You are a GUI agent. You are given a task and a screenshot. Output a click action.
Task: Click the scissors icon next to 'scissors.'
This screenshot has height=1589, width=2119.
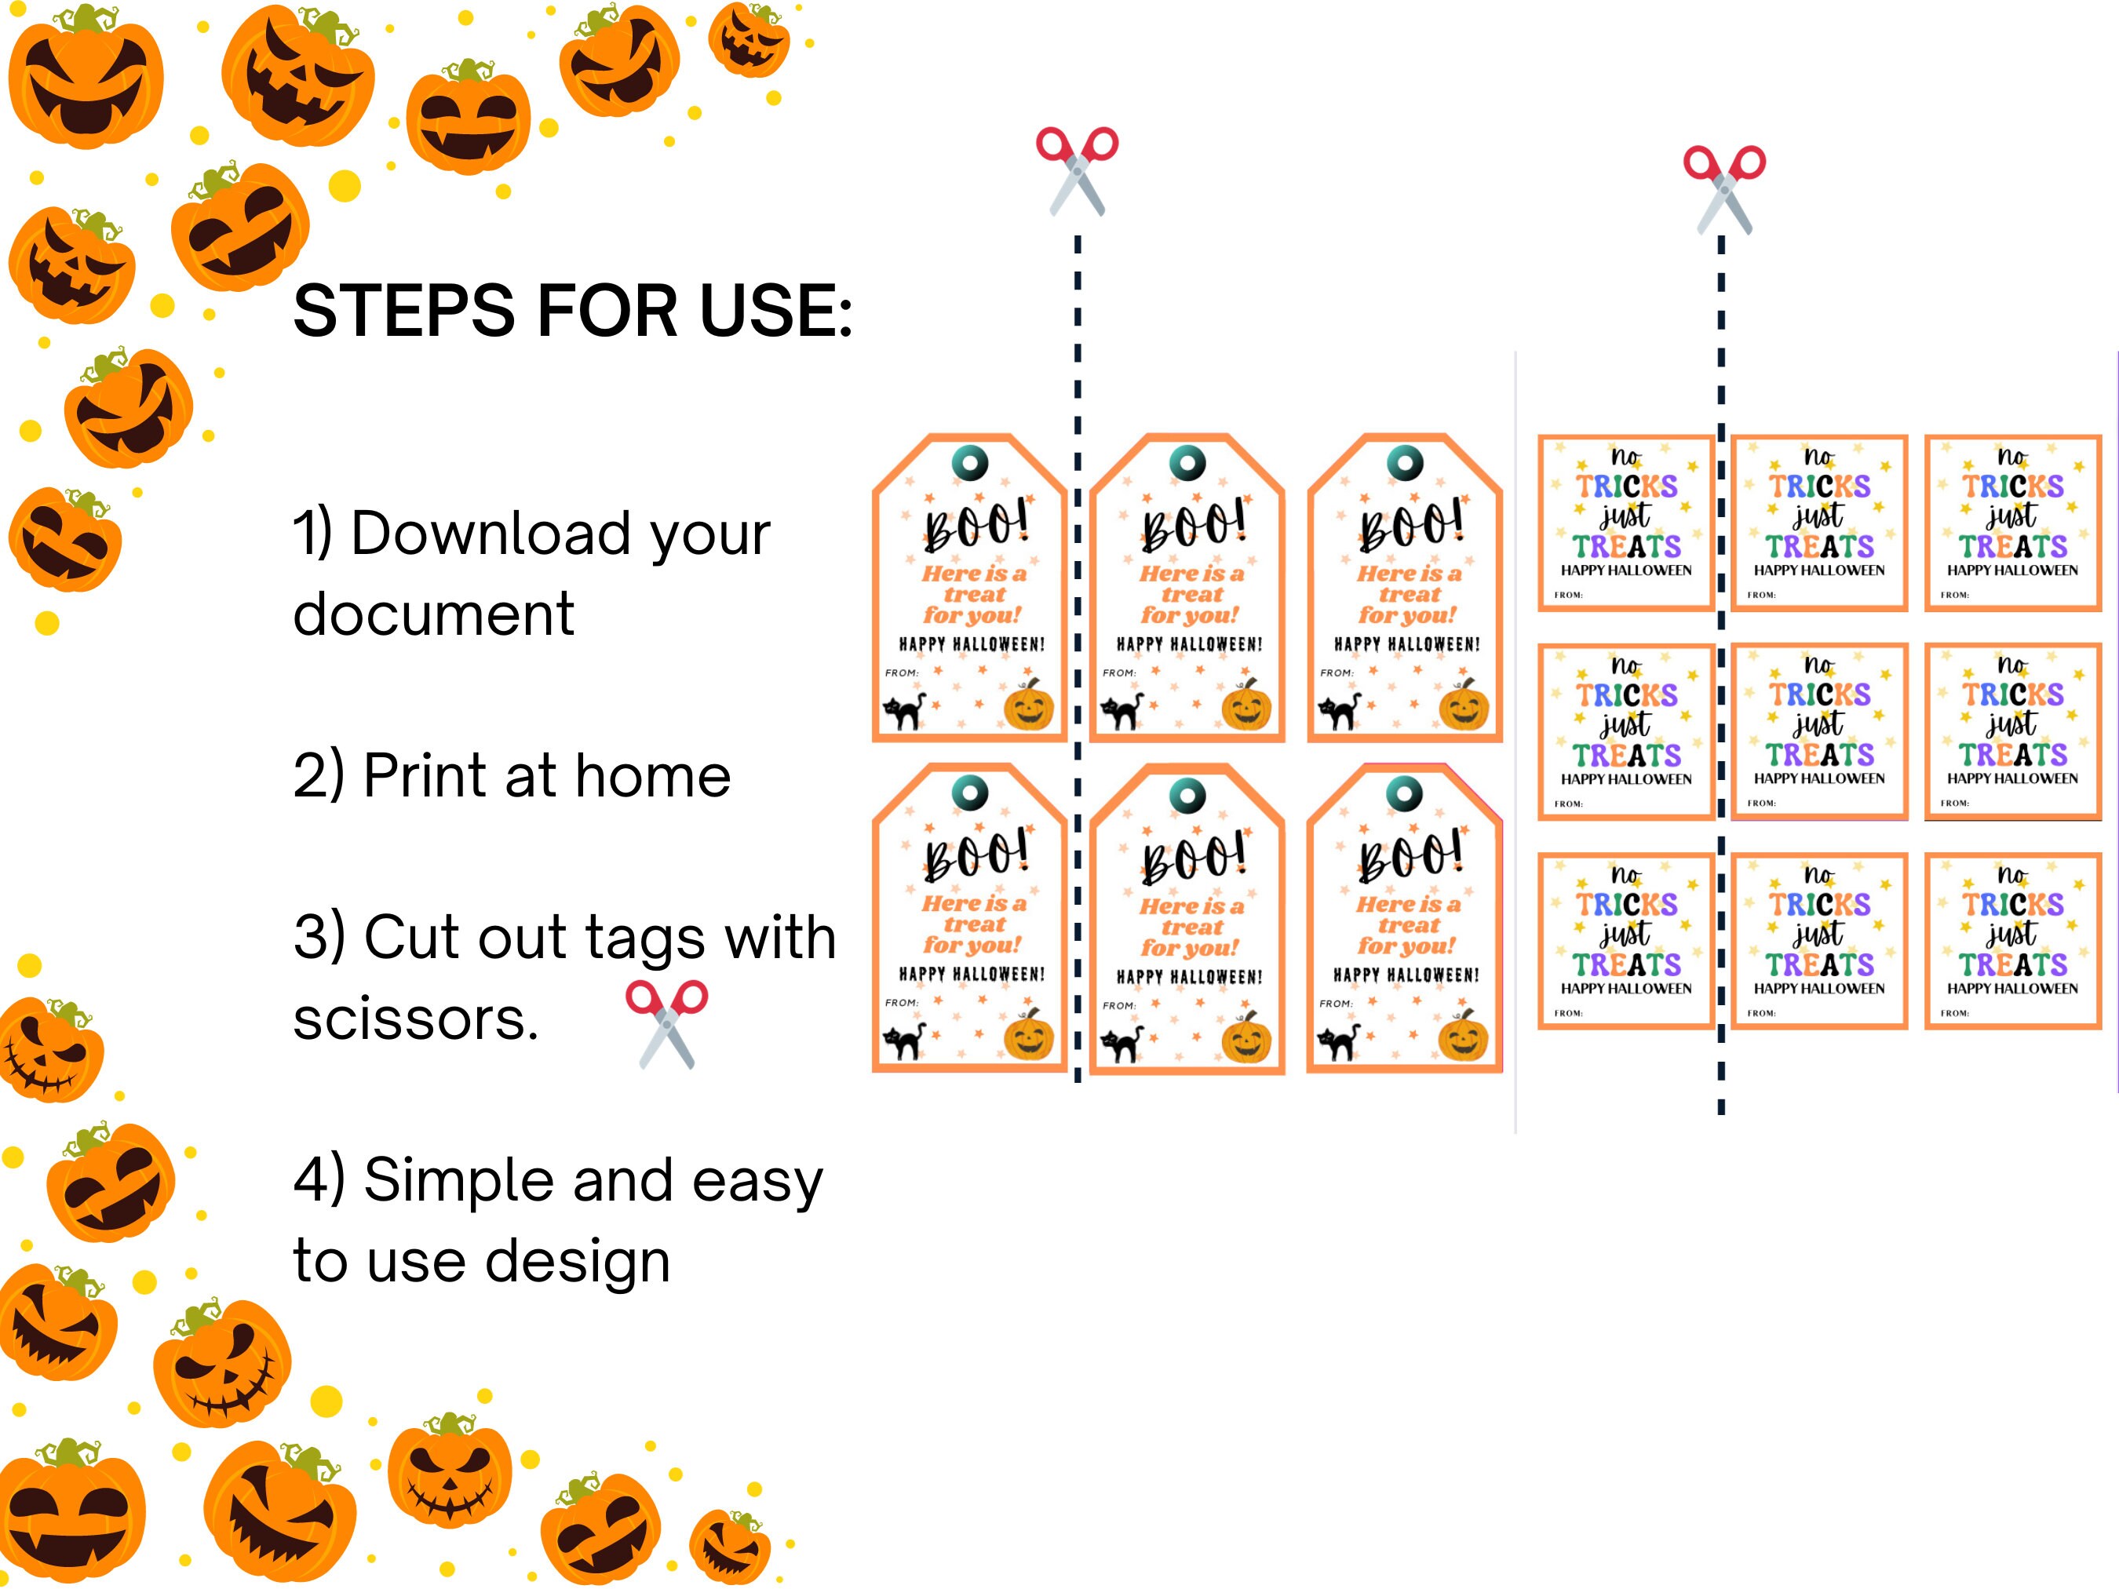click(x=667, y=1024)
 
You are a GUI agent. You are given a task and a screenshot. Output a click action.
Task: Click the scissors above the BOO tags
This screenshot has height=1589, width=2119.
click(x=1077, y=170)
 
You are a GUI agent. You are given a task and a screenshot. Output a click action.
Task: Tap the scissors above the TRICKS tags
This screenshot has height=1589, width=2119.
click(x=1724, y=190)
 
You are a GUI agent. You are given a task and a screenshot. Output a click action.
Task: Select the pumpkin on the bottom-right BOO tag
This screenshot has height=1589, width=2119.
click(x=1463, y=1035)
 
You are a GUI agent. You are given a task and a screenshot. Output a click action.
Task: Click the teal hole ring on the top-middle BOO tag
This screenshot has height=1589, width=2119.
click(x=1188, y=464)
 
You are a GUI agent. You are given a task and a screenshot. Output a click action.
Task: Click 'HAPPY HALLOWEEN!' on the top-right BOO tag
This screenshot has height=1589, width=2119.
click(x=1406, y=644)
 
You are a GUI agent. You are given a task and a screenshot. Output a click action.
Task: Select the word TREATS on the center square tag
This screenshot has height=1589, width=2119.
click(x=1819, y=755)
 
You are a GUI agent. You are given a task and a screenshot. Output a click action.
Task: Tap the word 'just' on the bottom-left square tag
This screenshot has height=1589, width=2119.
click(x=1625, y=933)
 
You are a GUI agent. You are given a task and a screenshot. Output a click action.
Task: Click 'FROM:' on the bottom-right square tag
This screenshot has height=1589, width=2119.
click(x=1954, y=1012)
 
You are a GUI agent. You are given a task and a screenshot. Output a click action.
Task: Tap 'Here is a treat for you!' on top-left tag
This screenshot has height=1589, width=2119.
click(x=973, y=594)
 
